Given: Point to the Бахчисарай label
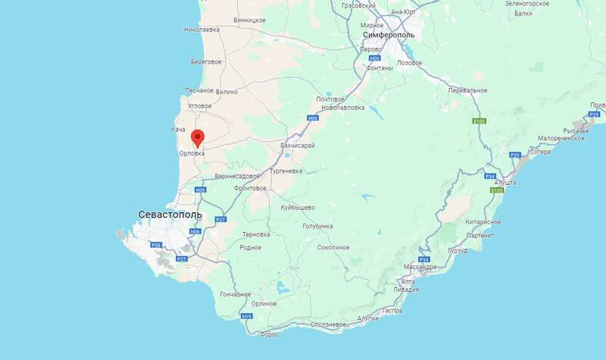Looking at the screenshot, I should click(x=298, y=145).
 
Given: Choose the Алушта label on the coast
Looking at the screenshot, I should click(x=505, y=183).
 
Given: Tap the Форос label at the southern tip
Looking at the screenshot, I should click(x=269, y=333).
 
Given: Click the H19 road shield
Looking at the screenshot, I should click(x=246, y=316).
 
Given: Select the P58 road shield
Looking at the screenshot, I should click(x=157, y=245).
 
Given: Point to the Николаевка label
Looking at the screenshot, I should click(x=201, y=30).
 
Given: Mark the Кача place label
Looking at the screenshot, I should click(x=178, y=130).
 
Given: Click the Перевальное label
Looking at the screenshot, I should click(x=467, y=90).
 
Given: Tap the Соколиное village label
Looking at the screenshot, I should click(x=333, y=247).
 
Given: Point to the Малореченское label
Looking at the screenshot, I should click(x=561, y=139).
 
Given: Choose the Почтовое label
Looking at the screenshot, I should click(x=330, y=99).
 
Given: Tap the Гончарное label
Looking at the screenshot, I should click(x=235, y=294).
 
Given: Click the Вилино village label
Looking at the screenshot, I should click(x=227, y=91).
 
